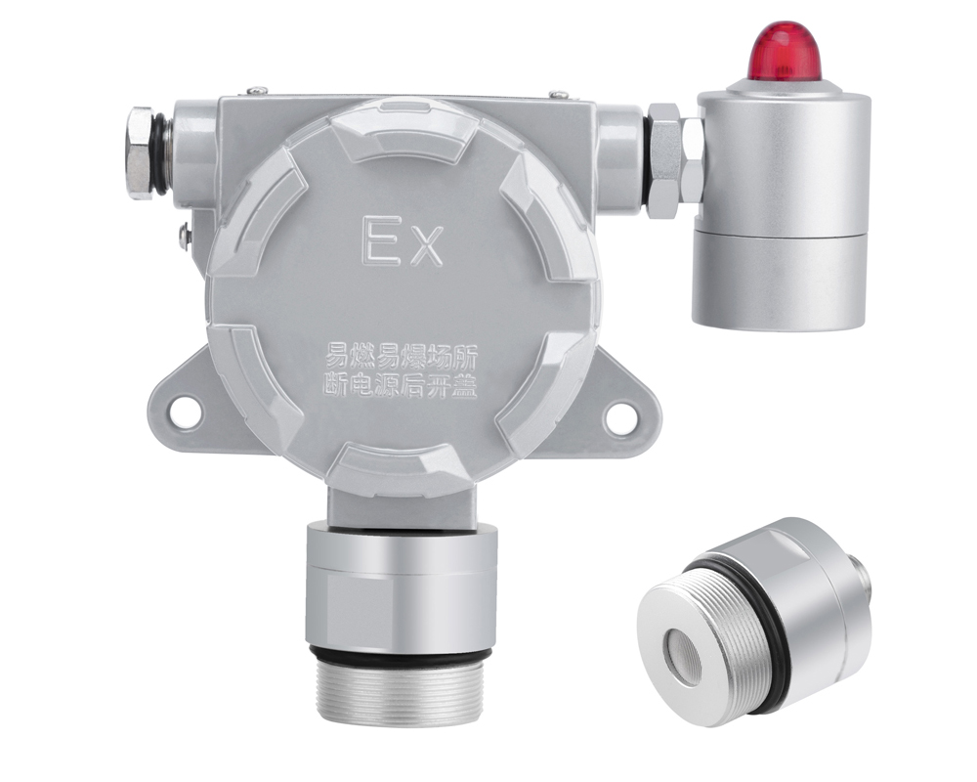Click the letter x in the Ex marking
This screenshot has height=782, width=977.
pyautogui.click(x=427, y=248)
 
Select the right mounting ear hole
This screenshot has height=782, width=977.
pyautogui.click(x=620, y=414)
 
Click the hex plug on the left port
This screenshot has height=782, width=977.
pyautogui.click(x=140, y=153)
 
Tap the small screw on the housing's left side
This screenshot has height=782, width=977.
pyautogui.click(x=185, y=237)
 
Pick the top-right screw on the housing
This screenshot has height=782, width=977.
pyautogui.click(x=559, y=94)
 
